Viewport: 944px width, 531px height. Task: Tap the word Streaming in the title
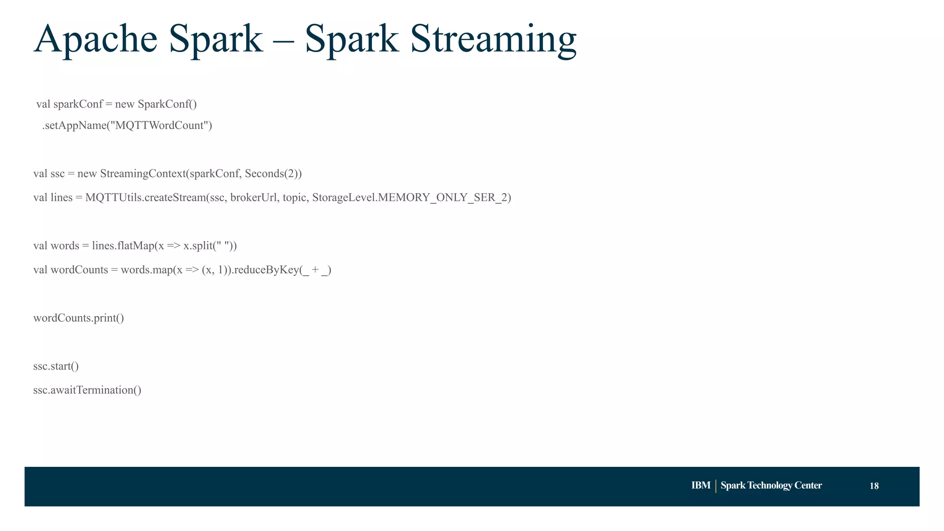[x=493, y=40]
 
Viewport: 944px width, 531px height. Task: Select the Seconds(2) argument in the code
[x=271, y=174]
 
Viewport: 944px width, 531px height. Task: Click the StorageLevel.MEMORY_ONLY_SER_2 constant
[x=411, y=198]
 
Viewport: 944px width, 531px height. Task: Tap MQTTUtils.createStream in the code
[x=145, y=198]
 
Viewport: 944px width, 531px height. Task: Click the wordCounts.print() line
[x=78, y=318]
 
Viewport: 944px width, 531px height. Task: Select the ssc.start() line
[x=56, y=366]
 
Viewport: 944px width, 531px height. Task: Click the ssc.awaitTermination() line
[x=87, y=390]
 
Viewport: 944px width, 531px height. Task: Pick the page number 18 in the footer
[x=874, y=486]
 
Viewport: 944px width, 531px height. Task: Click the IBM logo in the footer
[x=701, y=485]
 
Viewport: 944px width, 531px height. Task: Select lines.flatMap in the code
[x=123, y=246]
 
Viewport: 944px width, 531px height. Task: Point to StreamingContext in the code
[x=143, y=174]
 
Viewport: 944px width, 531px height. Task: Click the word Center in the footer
[x=808, y=485]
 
